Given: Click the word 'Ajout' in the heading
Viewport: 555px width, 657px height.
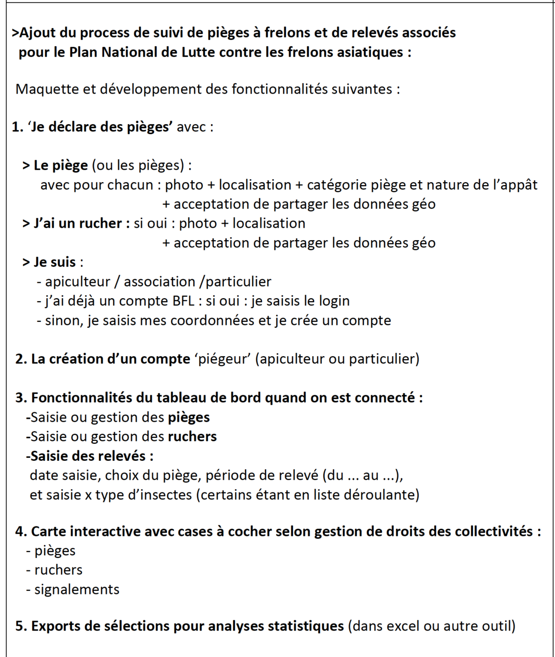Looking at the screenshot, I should tap(38, 33).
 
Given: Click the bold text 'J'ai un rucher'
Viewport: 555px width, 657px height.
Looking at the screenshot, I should tap(77, 223).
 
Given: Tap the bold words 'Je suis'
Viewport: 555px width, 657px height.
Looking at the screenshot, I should tap(54, 262).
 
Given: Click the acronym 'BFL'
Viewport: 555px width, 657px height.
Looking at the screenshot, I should tap(181, 301).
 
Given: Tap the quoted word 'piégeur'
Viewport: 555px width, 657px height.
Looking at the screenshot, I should tap(223, 359).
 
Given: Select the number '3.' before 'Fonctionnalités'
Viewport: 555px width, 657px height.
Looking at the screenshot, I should tap(21, 398).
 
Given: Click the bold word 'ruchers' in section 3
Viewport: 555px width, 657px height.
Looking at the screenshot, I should tap(192, 436).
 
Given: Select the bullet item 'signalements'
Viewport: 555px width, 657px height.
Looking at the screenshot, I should tap(76, 589).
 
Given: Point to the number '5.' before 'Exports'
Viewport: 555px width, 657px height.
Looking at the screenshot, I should tap(21, 626).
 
